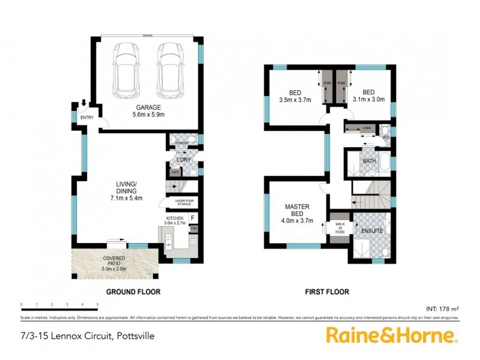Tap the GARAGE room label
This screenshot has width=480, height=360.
pyautogui.click(x=147, y=107)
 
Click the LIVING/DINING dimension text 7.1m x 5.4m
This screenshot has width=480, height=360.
pyautogui.click(x=126, y=197)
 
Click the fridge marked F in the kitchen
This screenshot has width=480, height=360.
pyautogui.click(x=193, y=217)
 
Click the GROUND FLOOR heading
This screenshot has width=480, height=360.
pyautogui.click(x=133, y=292)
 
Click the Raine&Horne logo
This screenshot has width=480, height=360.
pyautogui.click(x=392, y=335)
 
